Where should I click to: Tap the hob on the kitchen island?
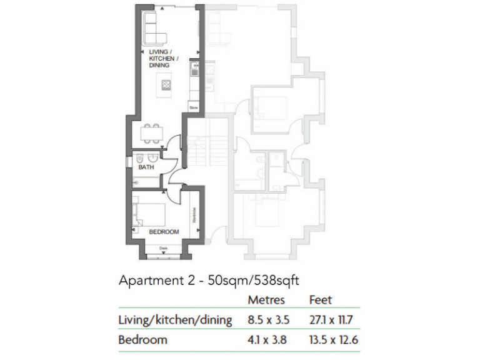tap(166, 83)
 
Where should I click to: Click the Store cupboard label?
tap(193, 107)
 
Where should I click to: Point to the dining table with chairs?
tap(149, 133)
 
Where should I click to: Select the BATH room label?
tap(146, 167)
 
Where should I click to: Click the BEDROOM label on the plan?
tap(164, 232)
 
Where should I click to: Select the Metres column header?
tap(267, 301)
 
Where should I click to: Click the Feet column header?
tap(321, 301)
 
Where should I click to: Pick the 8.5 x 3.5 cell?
tap(269, 321)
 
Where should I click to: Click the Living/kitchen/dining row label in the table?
tap(175, 321)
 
